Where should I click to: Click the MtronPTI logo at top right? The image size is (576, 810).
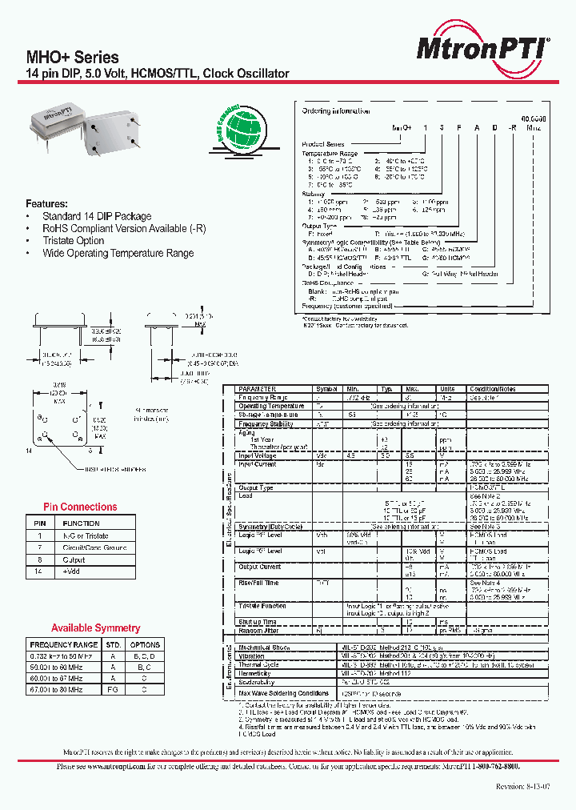482,49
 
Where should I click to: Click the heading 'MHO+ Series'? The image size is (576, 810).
73,58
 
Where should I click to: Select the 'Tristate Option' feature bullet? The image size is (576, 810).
73,240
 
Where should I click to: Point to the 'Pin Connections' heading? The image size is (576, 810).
80,507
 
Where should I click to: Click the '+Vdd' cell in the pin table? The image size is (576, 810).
74,572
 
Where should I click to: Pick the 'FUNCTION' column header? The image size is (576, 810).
81,523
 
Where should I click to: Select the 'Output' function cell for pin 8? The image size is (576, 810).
74,560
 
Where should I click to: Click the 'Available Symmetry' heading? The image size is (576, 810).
95,628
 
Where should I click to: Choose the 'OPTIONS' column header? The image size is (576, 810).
145,644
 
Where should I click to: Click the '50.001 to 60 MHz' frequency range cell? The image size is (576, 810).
57,667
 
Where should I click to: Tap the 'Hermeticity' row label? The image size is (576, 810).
256,674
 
